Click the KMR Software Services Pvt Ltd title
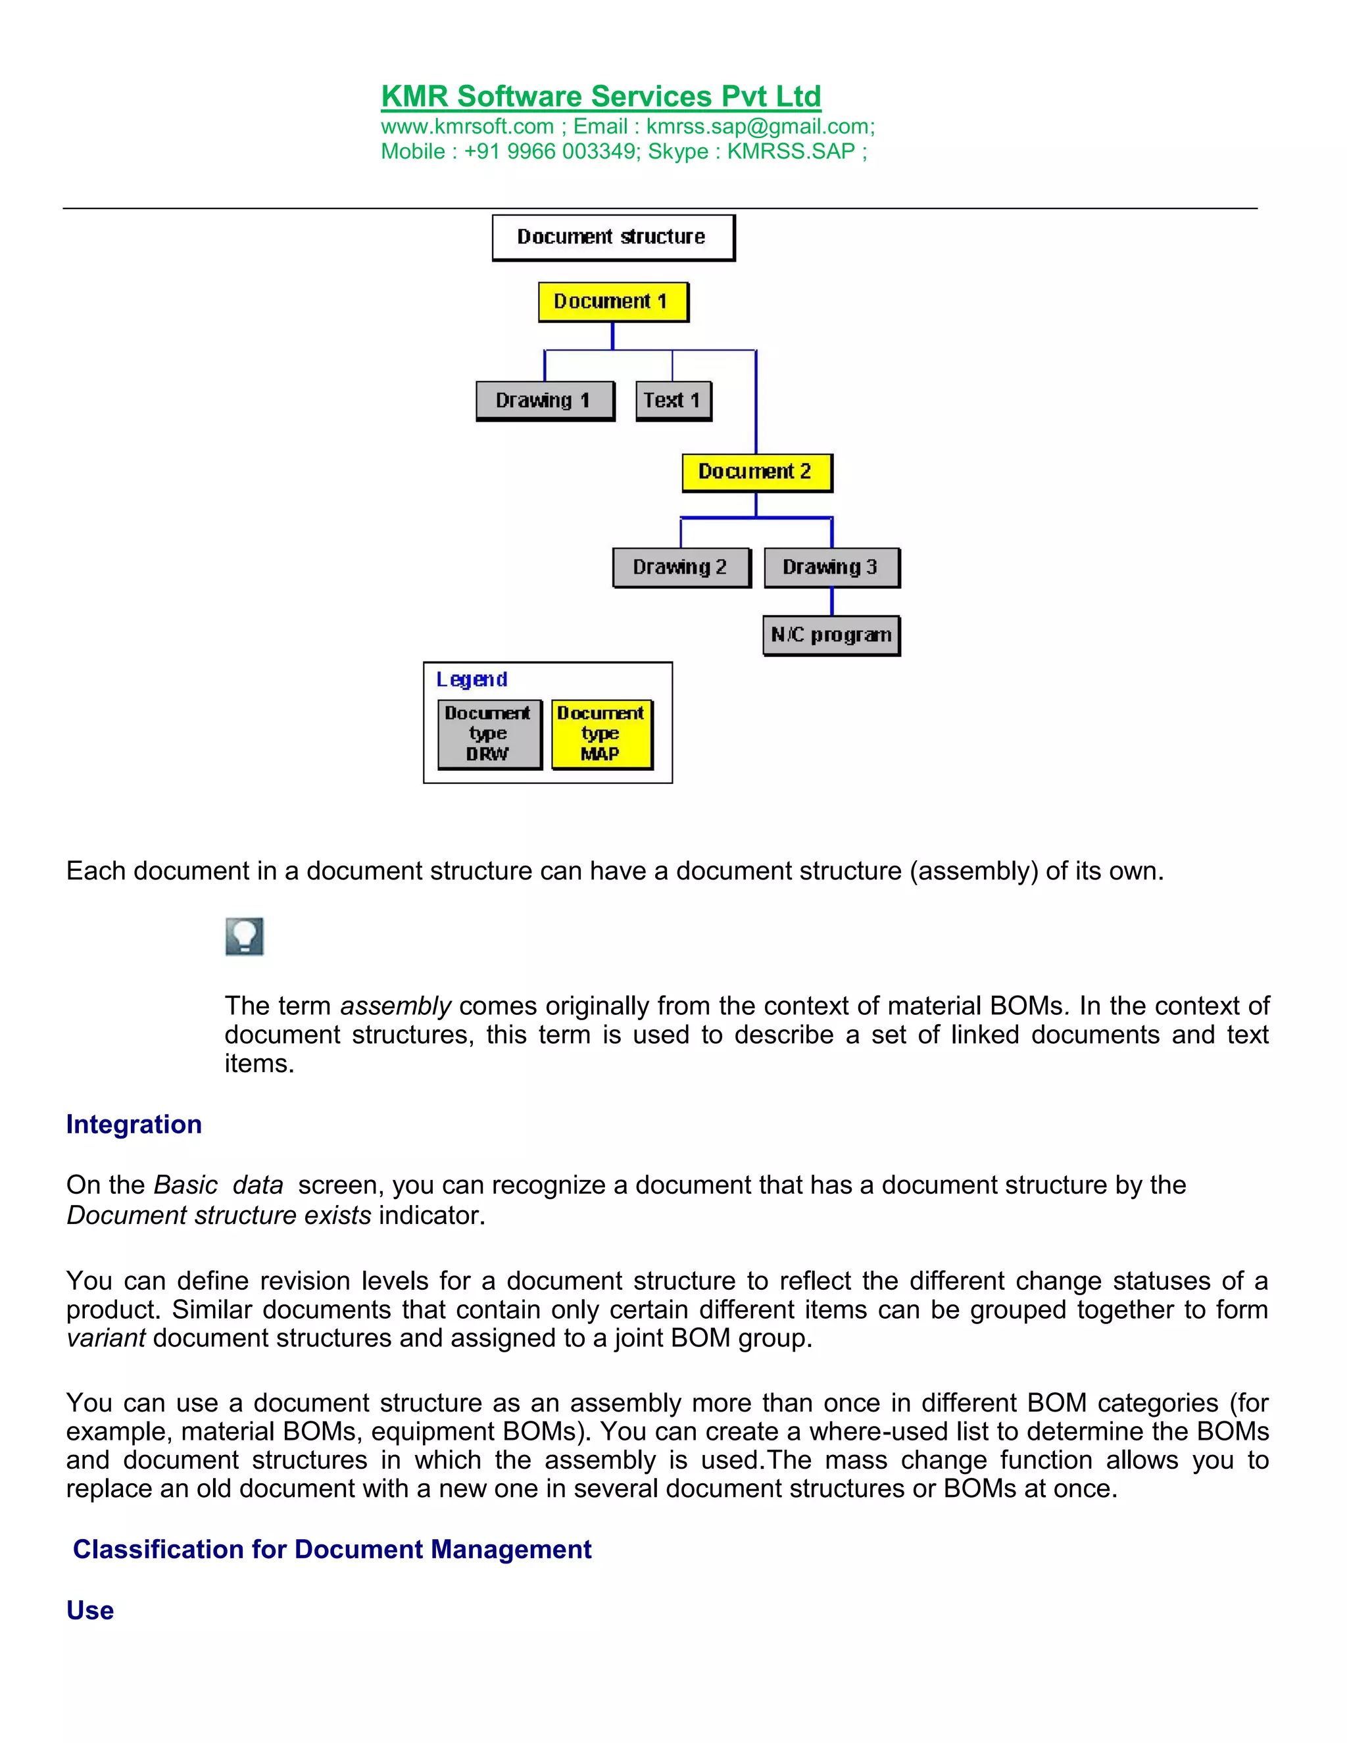[601, 97]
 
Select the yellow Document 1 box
[612, 302]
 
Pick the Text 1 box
[673, 401]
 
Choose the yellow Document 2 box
[756, 472]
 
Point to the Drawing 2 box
[681, 568]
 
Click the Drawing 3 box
[831, 568]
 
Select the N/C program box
[831, 635]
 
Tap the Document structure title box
[612, 237]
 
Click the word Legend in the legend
[472, 679]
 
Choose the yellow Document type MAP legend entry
[601, 733]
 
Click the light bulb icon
[244, 936]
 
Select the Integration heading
[134, 1125]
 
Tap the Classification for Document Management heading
[332, 1549]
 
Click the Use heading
[90, 1611]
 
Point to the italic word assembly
[396, 1006]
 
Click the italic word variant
[106, 1338]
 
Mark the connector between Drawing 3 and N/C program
[831, 602]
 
